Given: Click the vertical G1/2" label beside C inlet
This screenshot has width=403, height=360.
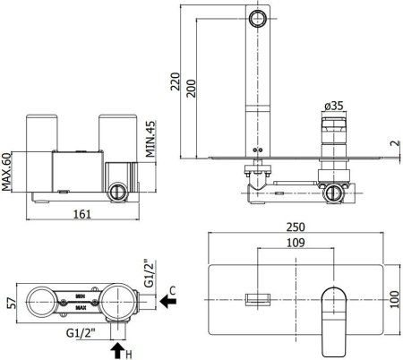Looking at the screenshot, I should pos(150,272).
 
